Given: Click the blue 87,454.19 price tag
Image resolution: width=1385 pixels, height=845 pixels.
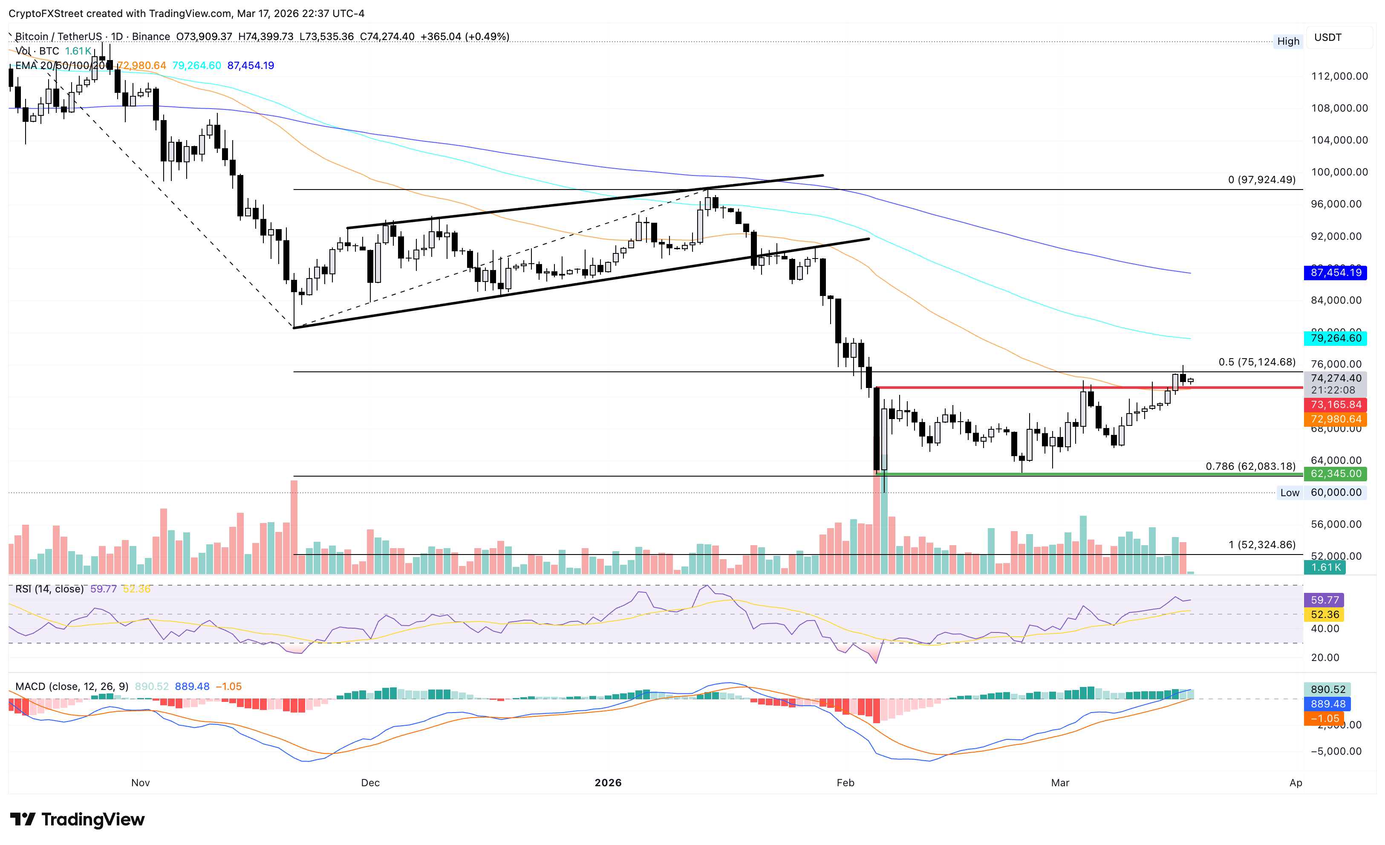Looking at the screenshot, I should pos(1336,273).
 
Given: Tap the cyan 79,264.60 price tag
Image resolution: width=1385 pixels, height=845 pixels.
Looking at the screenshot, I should pos(1336,338).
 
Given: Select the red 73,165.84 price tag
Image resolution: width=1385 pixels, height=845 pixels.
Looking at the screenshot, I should pos(1336,405).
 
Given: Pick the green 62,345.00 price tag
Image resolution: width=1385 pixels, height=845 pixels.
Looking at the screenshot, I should pos(1336,474).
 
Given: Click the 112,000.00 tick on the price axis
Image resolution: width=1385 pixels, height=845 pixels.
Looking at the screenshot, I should pos(1339,76).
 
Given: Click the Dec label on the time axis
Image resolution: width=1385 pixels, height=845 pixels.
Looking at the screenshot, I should pos(370,783).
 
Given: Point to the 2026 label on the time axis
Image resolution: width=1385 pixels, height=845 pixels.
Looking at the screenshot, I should pos(608,783).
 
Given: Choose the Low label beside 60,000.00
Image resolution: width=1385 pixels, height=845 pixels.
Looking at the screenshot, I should pos(1290,493).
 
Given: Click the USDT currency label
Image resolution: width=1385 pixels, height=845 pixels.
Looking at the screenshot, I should pos(1327,37).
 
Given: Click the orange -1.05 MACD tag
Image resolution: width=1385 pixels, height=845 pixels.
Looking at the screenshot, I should pos(1324,719).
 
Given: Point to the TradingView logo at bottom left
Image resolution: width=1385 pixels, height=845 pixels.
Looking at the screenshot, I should pos(78,820).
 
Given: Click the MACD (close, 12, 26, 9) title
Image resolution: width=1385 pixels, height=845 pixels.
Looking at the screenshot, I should pos(72,687).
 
